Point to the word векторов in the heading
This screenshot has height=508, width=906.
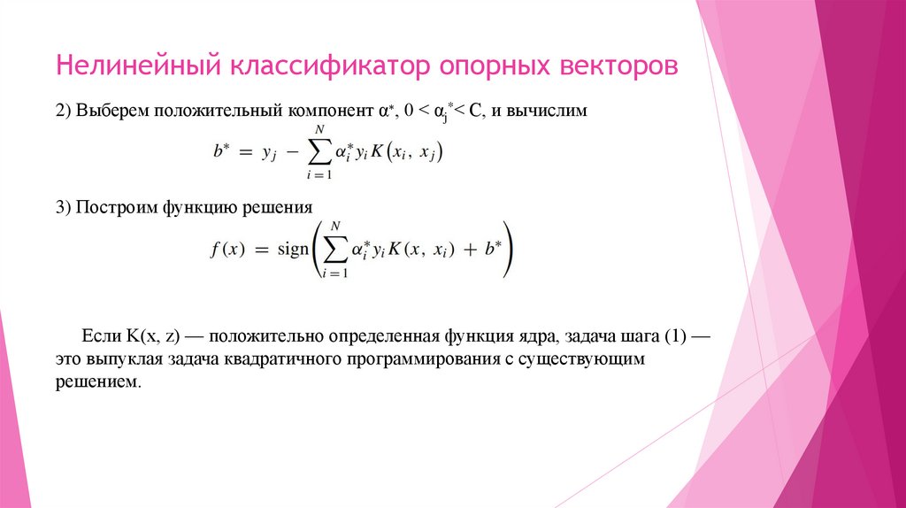click(618, 66)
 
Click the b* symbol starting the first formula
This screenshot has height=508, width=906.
click(222, 152)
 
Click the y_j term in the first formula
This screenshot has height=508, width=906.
click(270, 154)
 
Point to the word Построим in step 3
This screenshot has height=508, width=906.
click(114, 208)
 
